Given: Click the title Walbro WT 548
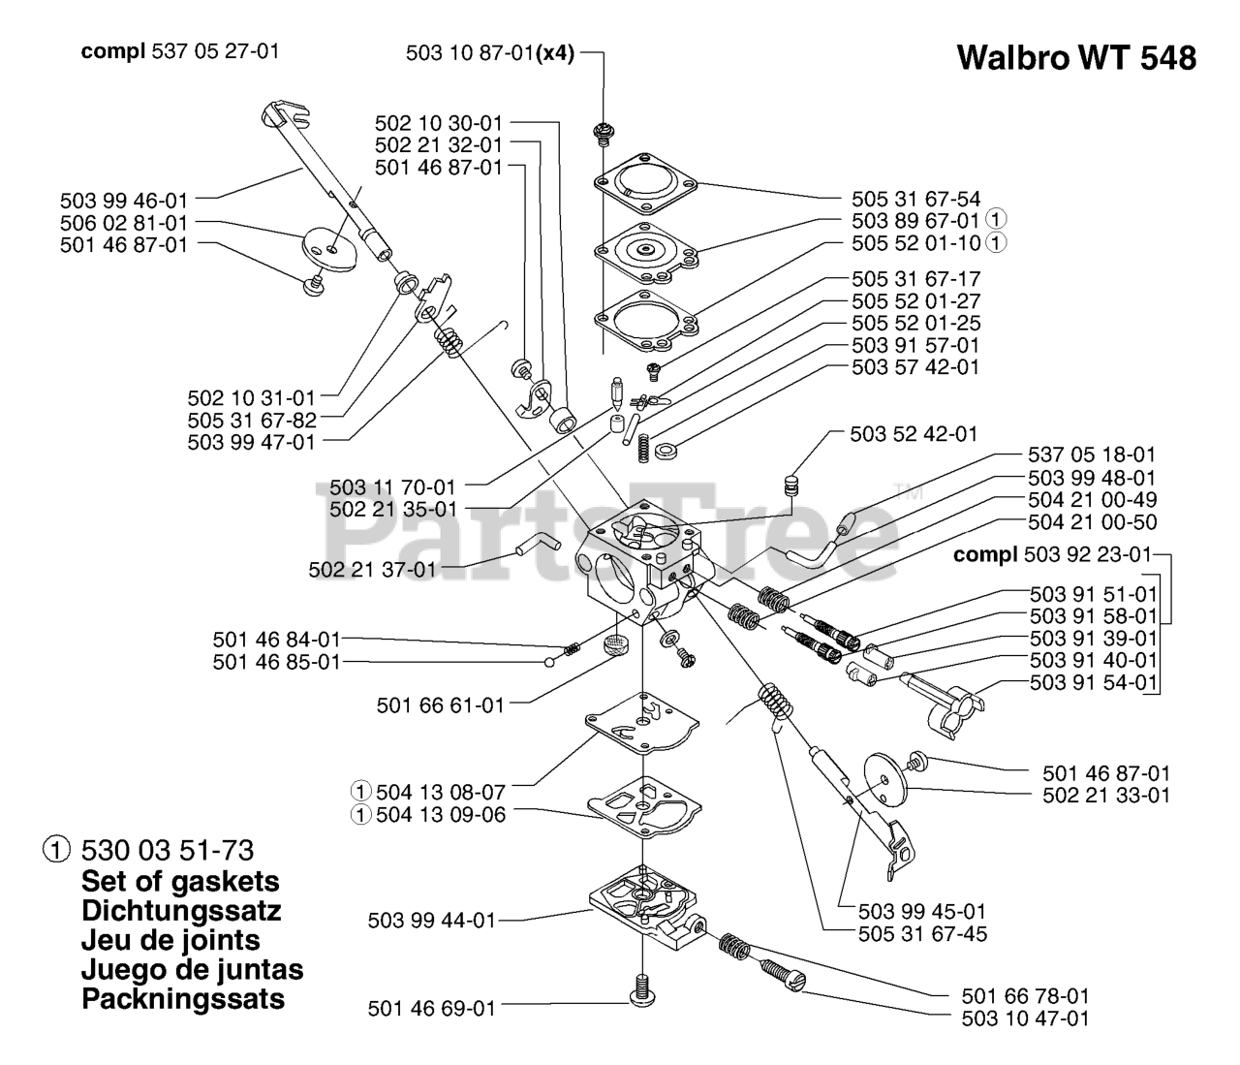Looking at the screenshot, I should [x=1075, y=58].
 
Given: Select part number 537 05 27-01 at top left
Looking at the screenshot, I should [x=215, y=50].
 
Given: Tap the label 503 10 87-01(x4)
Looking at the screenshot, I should [x=489, y=54].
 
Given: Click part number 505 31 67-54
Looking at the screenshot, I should [x=915, y=200].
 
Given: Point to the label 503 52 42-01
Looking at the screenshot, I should [x=914, y=434].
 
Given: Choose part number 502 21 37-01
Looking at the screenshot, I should [x=373, y=570].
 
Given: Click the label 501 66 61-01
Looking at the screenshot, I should [x=441, y=705].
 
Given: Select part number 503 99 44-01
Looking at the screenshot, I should [x=432, y=920].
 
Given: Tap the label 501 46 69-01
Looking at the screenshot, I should [x=432, y=1009].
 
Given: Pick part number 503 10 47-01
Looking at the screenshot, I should [x=1025, y=1018].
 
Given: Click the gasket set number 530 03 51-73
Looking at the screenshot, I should [x=168, y=851].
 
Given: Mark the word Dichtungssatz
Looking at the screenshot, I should [x=181, y=911].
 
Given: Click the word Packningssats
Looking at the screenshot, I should [x=183, y=999].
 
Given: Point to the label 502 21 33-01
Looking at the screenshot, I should [x=1106, y=795].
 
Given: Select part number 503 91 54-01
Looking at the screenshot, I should [x=1094, y=682].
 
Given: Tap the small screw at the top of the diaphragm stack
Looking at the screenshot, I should [x=602, y=132].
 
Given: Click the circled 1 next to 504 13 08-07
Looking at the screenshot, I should [x=360, y=793].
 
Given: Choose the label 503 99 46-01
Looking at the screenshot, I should [x=124, y=201].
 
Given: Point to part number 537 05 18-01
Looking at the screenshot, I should [x=1091, y=454].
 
